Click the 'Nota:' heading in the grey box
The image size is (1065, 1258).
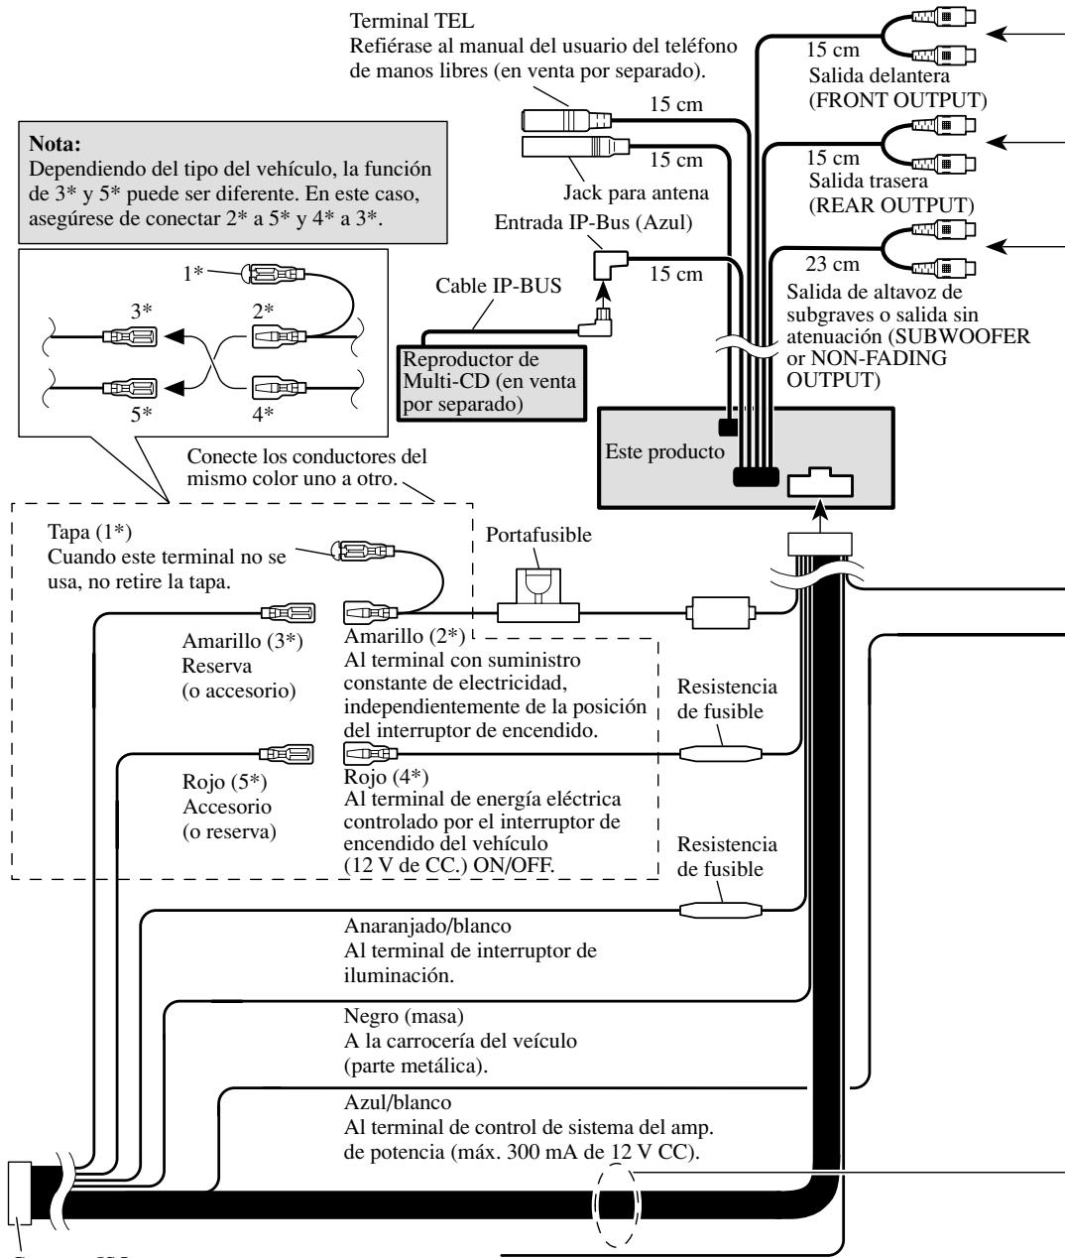click(55, 144)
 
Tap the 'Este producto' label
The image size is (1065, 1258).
click(664, 451)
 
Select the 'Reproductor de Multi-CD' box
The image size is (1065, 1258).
click(492, 383)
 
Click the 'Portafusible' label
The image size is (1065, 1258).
click(538, 535)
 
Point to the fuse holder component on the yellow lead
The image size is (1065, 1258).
click(538, 595)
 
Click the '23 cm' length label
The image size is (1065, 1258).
click(832, 264)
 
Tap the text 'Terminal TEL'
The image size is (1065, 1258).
click(412, 21)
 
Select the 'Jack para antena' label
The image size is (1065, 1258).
click(636, 192)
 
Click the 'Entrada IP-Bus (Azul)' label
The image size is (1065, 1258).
click(593, 222)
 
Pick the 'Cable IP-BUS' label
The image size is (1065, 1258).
click(498, 286)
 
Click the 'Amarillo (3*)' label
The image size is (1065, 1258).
click(242, 640)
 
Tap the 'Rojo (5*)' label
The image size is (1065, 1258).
click(224, 781)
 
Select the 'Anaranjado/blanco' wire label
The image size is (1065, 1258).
click(427, 926)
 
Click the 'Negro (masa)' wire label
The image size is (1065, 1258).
click(404, 1016)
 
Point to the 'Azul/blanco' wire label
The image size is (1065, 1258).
click(398, 1102)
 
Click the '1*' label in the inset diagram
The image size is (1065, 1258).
click(192, 273)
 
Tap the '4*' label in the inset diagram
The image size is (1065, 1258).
click(263, 414)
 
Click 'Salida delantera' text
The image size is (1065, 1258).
click(879, 75)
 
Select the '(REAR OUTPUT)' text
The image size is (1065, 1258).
click(891, 205)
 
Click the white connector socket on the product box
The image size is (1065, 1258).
click(820, 482)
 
